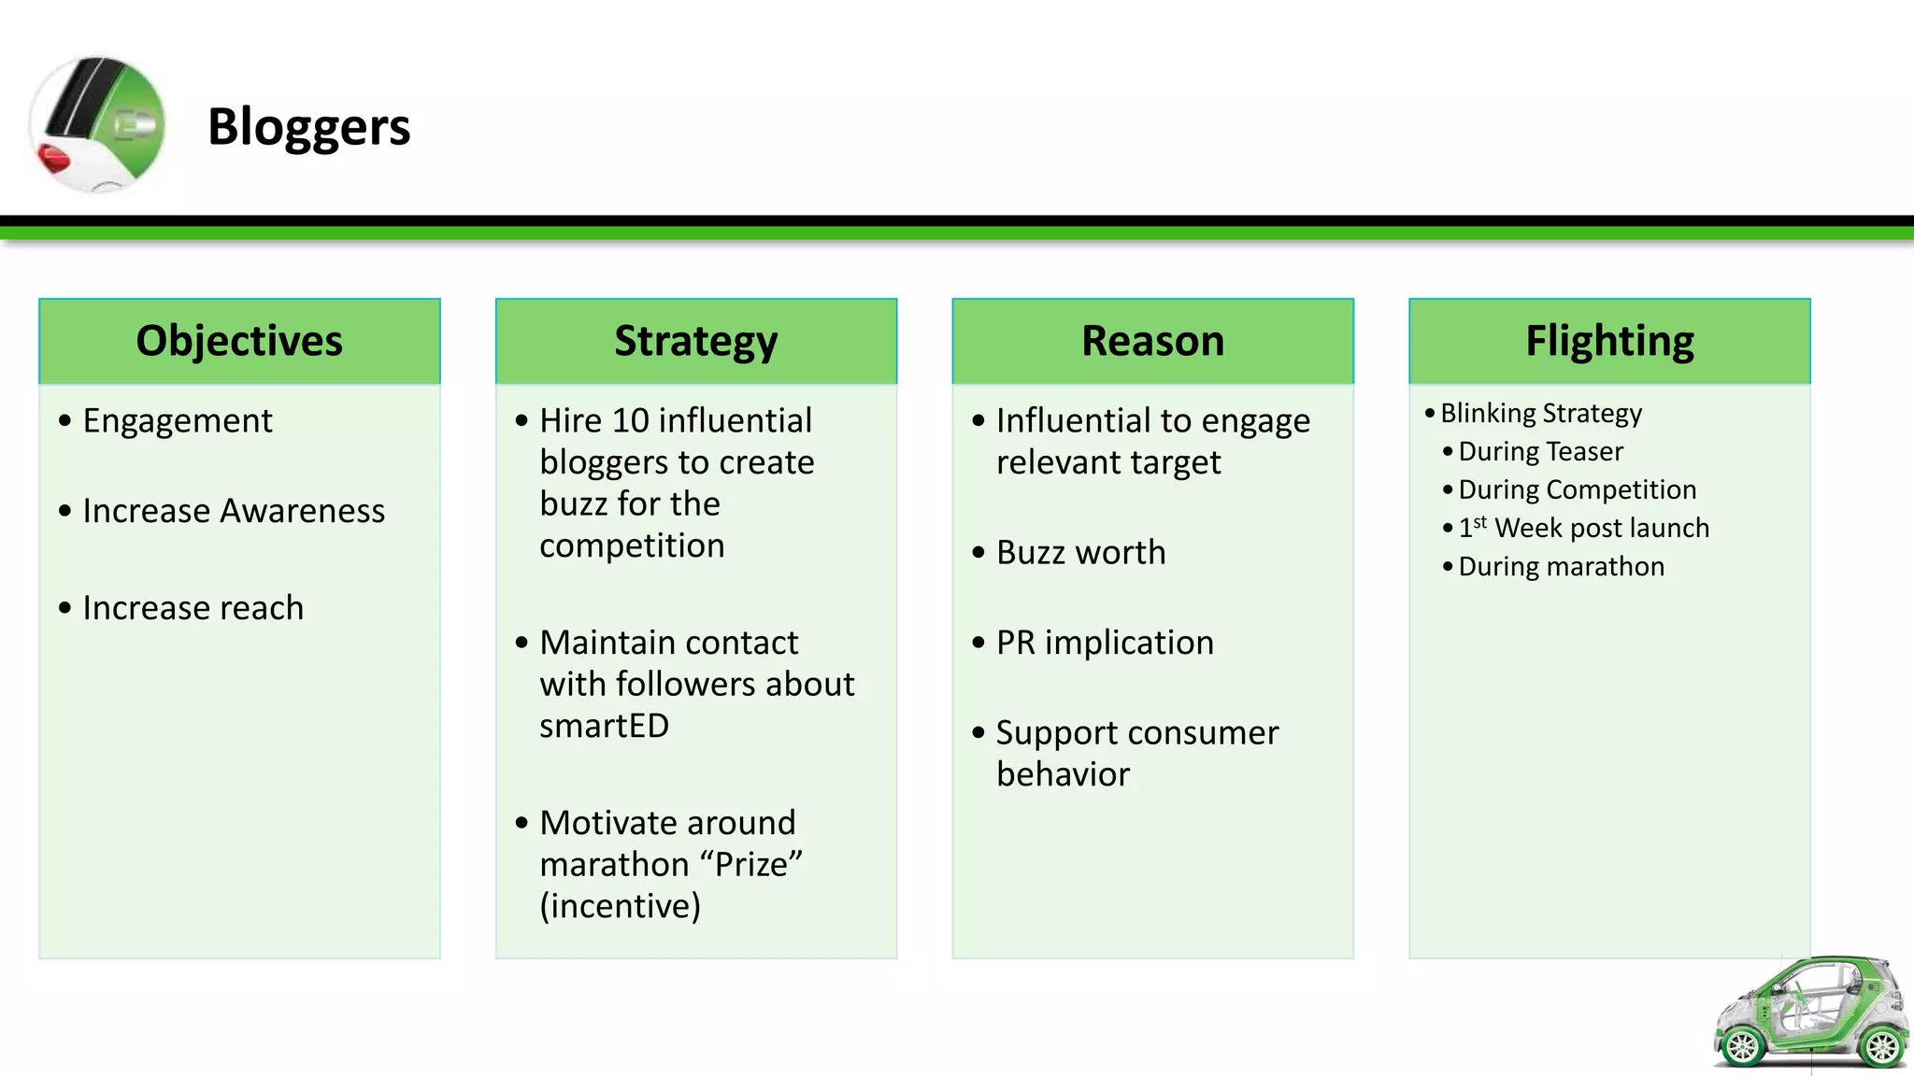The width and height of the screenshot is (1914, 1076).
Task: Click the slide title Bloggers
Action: point(308,127)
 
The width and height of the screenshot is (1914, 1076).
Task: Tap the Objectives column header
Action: point(239,341)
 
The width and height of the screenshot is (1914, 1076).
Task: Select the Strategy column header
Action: point(695,341)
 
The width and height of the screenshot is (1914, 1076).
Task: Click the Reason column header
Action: point(1152,341)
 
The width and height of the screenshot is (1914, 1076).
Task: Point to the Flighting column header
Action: point(1609,341)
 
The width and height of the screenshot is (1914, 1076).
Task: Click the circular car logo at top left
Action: point(98,124)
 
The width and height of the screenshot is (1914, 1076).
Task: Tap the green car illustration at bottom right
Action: point(1811,1014)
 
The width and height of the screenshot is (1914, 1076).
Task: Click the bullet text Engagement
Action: point(178,421)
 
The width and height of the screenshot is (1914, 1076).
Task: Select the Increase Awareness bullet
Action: point(234,511)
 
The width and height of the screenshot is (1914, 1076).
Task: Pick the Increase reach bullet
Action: point(193,608)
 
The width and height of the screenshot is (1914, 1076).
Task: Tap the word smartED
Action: point(604,726)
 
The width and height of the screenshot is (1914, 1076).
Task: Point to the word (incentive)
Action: point(620,906)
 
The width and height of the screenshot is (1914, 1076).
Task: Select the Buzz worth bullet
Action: point(1080,552)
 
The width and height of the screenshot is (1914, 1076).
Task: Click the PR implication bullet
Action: point(1105,643)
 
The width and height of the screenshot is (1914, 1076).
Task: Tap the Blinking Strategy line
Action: point(1541,413)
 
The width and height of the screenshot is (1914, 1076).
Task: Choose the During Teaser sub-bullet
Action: point(1540,451)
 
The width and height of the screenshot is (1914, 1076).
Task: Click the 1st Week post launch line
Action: point(1583,528)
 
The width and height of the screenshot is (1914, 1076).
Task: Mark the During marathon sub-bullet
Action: point(1561,566)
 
